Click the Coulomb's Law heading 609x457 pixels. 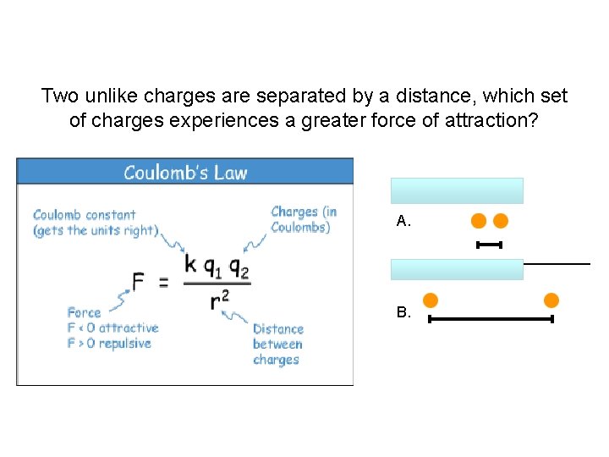point(185,173)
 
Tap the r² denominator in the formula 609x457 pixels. point(219,299)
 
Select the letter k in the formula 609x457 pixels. point(190,264)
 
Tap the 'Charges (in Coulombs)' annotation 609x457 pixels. point(304,219)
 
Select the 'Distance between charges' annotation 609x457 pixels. point(277,344)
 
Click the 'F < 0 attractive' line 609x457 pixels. point(113,328)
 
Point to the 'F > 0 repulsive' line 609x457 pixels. point(109,344)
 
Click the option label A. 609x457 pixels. point(403,222)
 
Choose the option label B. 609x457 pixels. point(403,312)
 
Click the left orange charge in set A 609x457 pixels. point(479,221)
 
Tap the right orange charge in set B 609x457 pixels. point(551,300)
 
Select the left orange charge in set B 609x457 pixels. point(431,300)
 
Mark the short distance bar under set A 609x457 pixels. point(490,245)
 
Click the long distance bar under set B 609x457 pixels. point(491,319)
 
